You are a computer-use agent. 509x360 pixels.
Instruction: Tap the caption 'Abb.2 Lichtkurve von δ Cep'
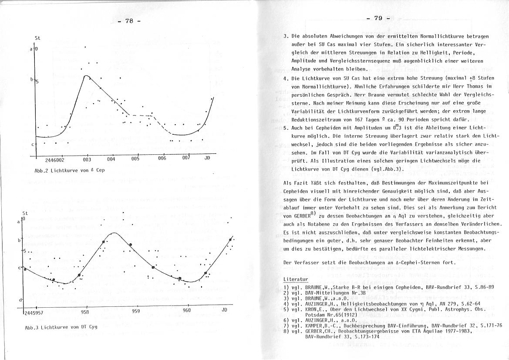[x=70, y=170]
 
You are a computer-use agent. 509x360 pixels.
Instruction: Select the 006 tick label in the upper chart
[x=162, y=159]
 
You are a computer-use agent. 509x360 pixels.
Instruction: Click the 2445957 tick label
[x=34, y=312]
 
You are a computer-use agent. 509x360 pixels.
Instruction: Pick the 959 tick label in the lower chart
[x=136, y=311]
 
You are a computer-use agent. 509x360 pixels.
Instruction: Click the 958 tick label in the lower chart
[x=85, y=312]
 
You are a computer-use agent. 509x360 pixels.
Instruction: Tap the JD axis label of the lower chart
[x=225, y=309]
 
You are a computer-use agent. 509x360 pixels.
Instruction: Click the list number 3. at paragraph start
[x=286, y=36]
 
